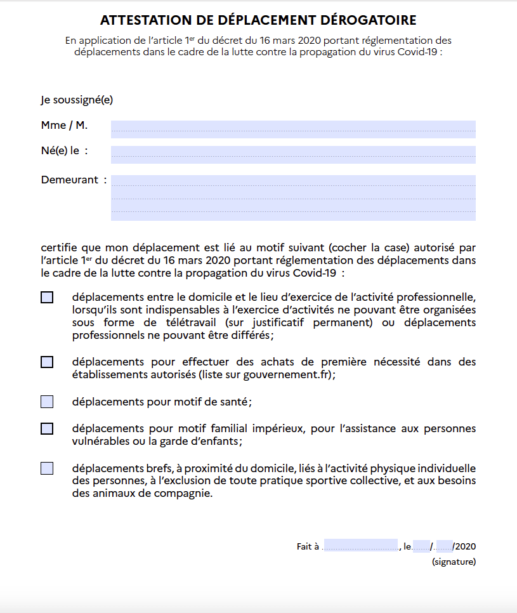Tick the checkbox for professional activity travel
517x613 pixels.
click(x=47, y=297)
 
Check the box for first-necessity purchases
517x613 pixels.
click(x=47, y=362)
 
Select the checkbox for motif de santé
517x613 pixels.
click(x=47, y=402)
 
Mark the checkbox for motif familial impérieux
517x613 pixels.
click(x=47, y=428)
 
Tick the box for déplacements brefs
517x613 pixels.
click(x=47, y=468)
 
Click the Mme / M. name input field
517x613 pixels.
click(x=293, y=129)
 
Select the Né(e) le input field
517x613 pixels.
click(x=293, y=154)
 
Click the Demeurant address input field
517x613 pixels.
click(x=293, y=197)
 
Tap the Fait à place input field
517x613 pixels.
click(x=360, y=546)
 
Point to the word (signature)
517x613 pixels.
click(x=454, y=562)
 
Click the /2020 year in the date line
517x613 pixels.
click(x=464, y=546)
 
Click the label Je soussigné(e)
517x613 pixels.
click(x=77, y=100)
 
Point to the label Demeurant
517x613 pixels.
click(x=69, y=180)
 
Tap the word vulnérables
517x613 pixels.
click(x=101, y=441)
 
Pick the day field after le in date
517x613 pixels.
click(x=421, y=546)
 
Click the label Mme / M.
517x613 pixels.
click(x=64, y=125)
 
